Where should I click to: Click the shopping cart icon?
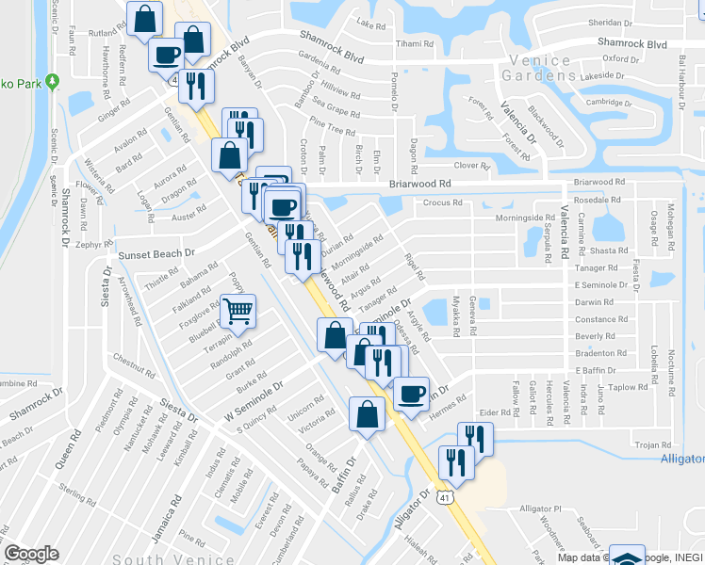click(x=238, y=310)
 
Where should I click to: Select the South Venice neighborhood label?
click(x=159, y=558)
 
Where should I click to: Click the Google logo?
click(x=31, y=554)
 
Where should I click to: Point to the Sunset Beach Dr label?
click(x=155, y=253)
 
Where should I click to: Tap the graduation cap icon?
click(x=627, y=557)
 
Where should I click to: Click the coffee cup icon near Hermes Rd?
click(x=410, y=393)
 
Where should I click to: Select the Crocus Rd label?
click(x=442, y=202)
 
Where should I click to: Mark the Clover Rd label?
click(x=472, y=166)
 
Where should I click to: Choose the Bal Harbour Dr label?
click(x=680, y=76)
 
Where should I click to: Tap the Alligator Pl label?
click(x=540, y=508)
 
